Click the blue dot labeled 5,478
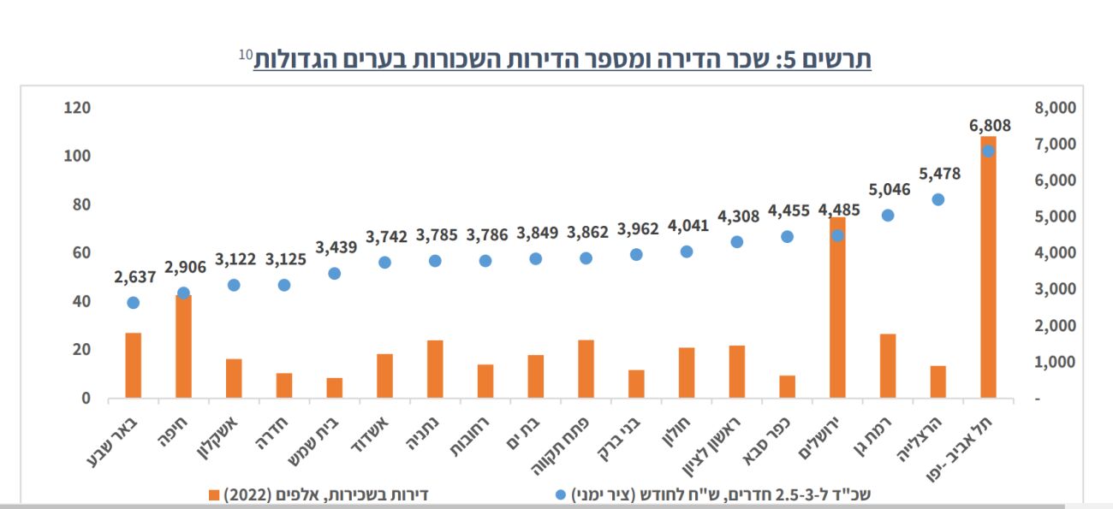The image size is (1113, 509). point(937,199)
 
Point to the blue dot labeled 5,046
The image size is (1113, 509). point(888,216)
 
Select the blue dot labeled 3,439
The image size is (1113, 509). point(335,274)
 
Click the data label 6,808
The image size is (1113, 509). point(990,126)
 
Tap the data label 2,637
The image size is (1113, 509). point(134,276)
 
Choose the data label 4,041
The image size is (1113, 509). point(687,227)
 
